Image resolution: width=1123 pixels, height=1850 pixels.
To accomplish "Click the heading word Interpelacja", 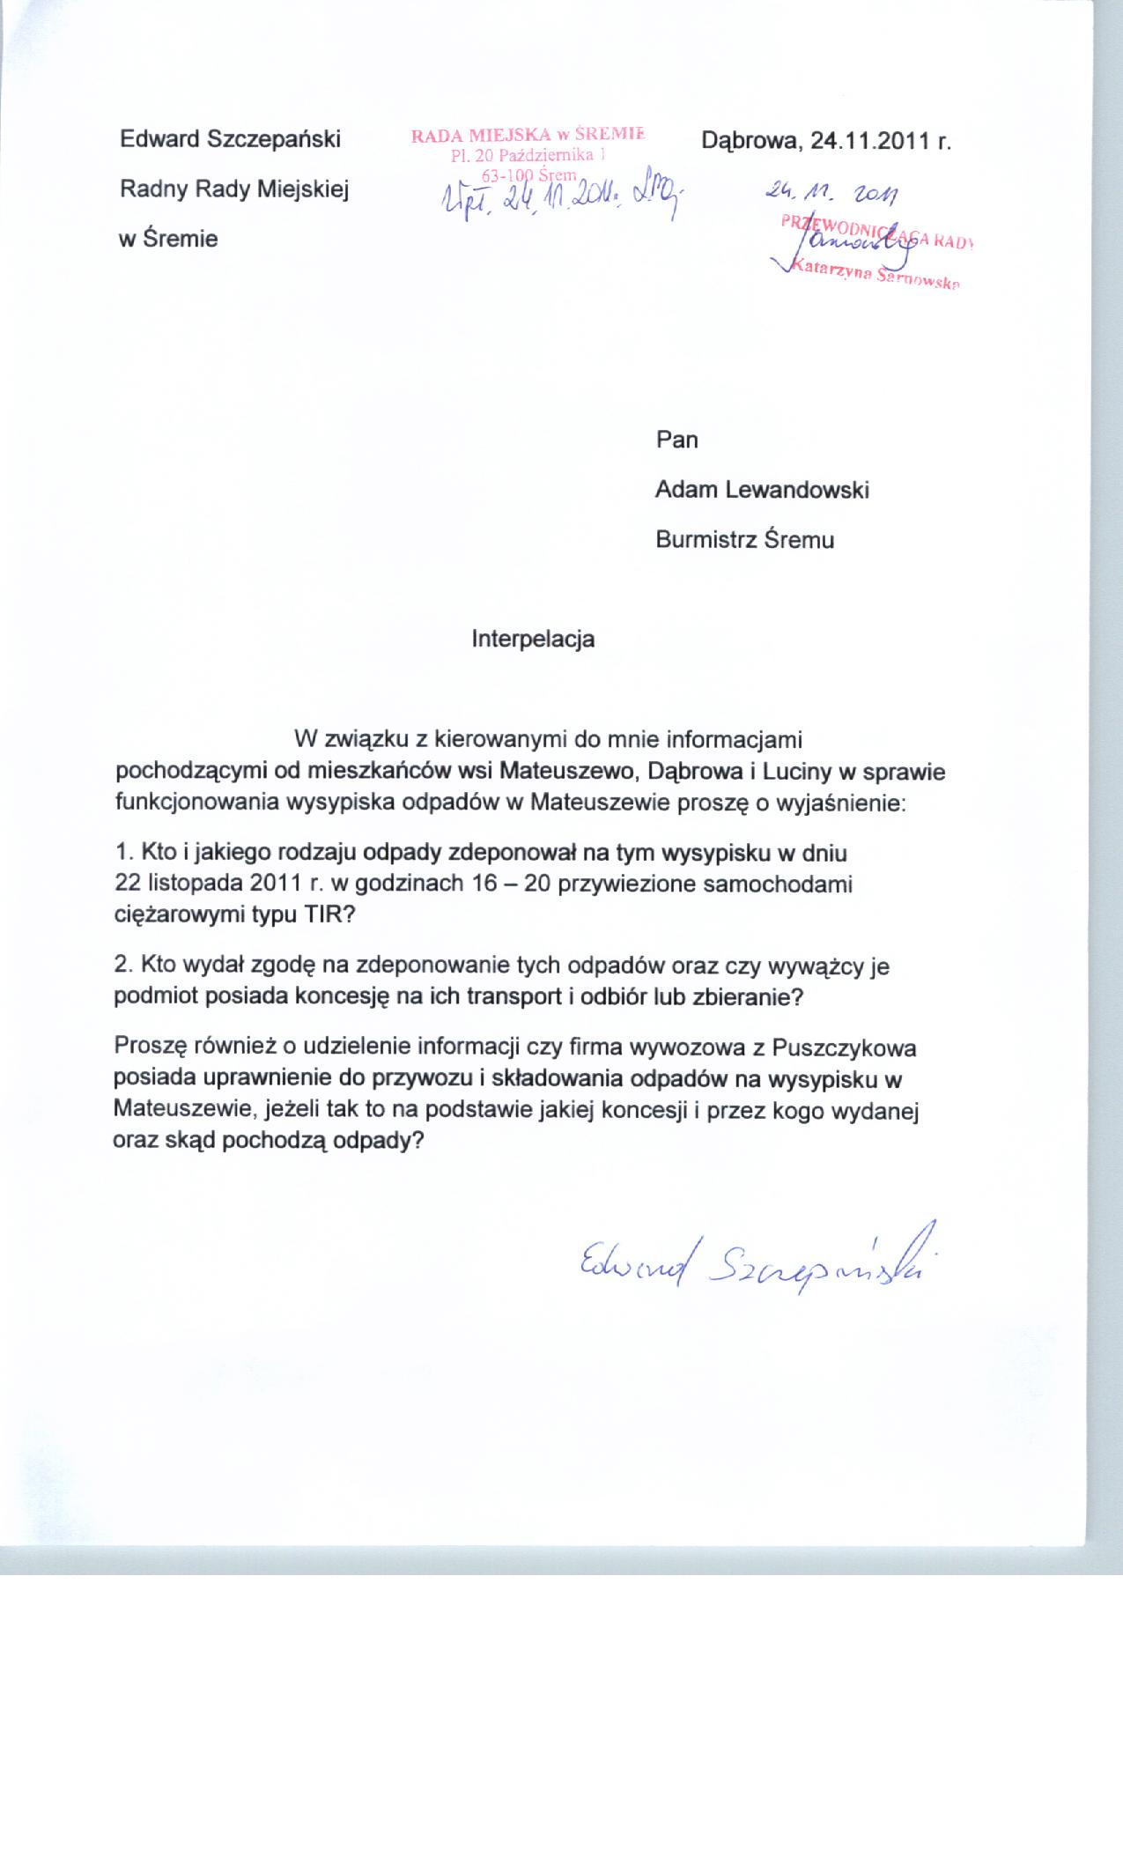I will point(533,639).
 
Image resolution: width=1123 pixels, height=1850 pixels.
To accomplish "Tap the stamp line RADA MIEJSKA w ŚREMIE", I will point(527,135).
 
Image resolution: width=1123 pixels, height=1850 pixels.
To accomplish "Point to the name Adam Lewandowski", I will point(762,490).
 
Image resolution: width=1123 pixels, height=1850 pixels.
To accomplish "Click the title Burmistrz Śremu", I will point(744,539).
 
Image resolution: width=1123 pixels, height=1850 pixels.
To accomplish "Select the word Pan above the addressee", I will point(676,440).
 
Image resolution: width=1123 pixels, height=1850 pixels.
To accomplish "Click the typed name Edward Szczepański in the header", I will point(230,139).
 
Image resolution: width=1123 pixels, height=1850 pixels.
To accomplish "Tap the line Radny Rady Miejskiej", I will point(234,189).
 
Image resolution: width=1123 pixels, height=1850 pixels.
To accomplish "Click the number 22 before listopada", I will point(128,884).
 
